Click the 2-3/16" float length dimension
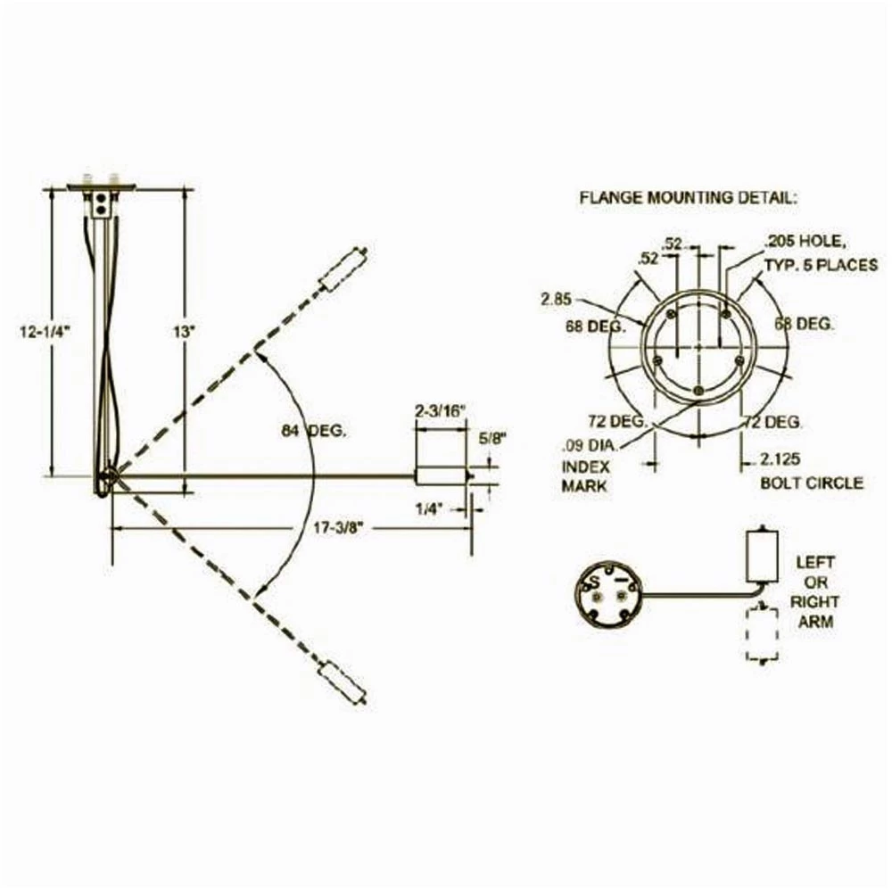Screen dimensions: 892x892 (440, 411)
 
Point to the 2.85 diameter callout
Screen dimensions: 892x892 (556, 299)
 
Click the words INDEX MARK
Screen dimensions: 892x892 (585, 475)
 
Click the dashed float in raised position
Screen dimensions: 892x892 (343, 269)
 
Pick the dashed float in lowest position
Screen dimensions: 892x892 (343, 681)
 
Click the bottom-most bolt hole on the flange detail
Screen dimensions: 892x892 (698, 391)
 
